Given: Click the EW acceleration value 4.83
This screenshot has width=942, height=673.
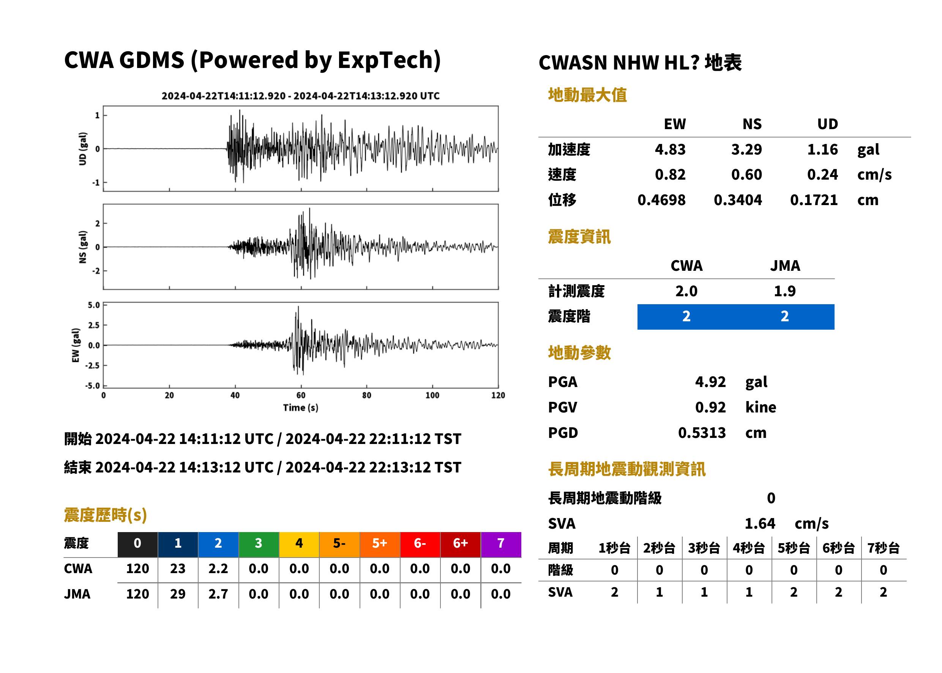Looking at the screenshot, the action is point(670,150).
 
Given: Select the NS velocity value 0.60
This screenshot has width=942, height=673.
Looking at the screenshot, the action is point(746,175).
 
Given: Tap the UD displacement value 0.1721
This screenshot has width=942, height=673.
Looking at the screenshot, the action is point(814,200).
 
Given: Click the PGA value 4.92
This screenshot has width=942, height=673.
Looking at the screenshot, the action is point(710,382).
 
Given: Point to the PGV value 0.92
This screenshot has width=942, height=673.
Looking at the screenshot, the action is point(710,408).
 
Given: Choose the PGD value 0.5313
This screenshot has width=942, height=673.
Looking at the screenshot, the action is point(702,433).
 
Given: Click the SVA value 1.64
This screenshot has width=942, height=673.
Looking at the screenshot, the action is point(759,524).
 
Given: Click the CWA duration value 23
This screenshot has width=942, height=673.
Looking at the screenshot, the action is point(178,569).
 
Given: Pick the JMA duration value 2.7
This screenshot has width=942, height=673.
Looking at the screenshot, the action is point(218,594).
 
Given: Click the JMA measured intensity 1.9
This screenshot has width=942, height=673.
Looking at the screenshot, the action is point(784,291).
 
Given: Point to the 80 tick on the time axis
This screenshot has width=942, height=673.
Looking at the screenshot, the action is point(367,395).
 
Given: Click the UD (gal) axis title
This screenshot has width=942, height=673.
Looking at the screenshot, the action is point(83,149).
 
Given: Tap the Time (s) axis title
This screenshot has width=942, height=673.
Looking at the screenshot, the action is point(301,408).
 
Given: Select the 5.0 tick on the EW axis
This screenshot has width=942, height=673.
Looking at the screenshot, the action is point(94,305).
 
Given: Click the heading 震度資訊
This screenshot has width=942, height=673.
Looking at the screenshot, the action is point(579,237).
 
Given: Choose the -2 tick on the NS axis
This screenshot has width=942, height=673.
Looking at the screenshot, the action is point(96,271).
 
